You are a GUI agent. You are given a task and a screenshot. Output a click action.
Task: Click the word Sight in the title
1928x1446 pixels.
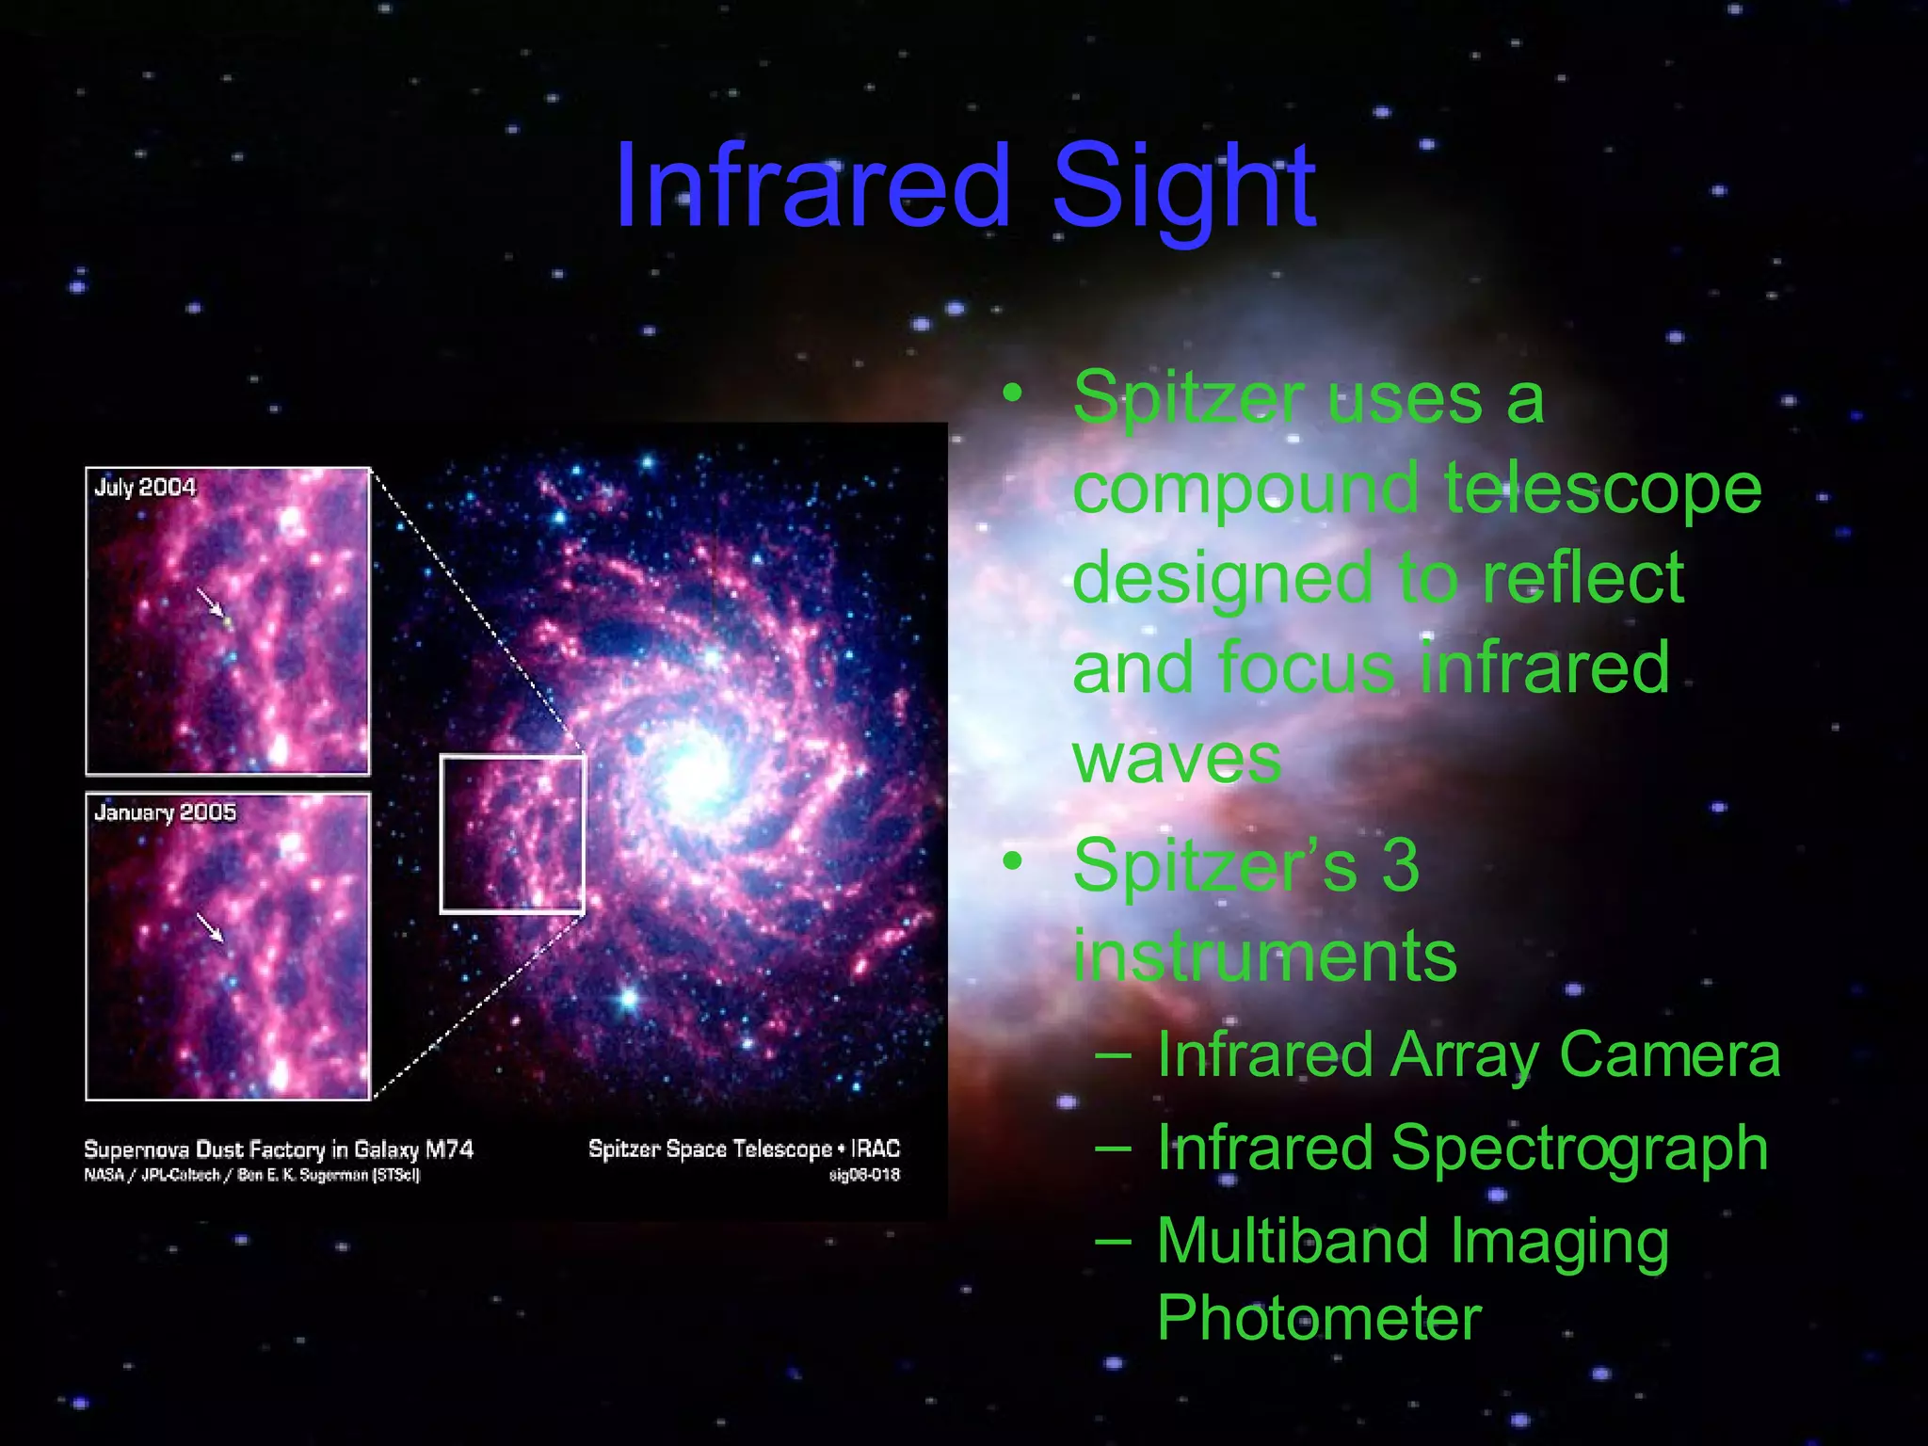coord(1183,188)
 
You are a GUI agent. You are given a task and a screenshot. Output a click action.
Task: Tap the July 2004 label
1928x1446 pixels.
coord(145,487)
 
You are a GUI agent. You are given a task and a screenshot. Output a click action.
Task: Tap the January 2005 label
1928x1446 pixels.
coord(165,812)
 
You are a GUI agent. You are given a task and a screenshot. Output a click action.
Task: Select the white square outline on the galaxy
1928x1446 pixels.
coord(442,834)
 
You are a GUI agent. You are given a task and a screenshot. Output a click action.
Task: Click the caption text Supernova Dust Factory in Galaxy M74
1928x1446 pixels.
coord(279,1149)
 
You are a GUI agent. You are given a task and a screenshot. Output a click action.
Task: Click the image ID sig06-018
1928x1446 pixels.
coord(863,1175)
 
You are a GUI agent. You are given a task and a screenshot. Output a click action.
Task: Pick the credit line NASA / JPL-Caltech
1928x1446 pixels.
coord(152,1175)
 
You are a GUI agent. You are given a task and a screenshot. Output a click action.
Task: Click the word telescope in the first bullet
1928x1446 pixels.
coord(1602,489)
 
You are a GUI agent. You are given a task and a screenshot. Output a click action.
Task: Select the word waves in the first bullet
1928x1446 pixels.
coord(1176,759)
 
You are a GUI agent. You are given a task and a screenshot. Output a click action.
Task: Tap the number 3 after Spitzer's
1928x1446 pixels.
coord(1400,865)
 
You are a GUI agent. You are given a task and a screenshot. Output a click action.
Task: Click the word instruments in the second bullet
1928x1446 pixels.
coord(1264,956)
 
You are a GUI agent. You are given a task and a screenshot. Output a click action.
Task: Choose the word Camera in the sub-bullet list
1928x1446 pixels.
coord(1669,1054)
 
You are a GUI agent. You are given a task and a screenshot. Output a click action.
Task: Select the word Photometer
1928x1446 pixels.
coord(1319,1318)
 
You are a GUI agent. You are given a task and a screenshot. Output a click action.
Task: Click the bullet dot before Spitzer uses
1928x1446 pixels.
coord(1012,393)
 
